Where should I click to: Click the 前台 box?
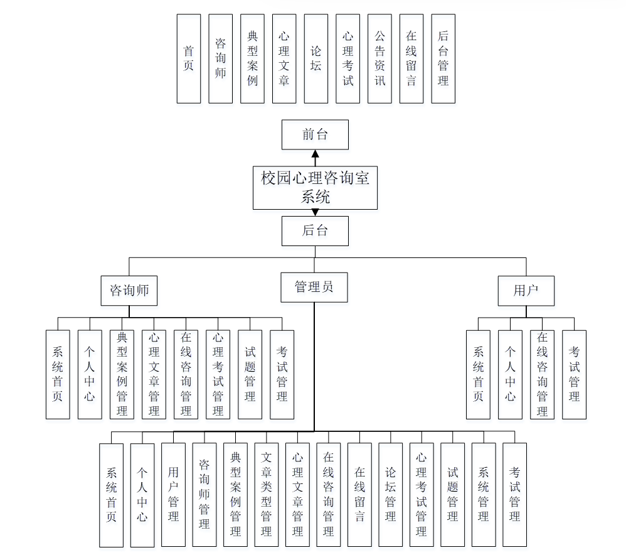(315, 134)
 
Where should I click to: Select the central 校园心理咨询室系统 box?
(315, 187)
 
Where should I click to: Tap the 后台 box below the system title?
(315, 230)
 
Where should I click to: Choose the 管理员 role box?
(314, 288)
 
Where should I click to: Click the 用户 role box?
(526, 291)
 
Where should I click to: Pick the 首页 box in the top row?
(189, 58)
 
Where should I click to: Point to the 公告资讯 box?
(380, 58)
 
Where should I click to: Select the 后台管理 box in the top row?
(443, 58)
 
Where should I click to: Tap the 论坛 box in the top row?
(316, 58)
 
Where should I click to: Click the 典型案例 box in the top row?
(252, 58)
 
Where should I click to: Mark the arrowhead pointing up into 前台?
(315, 154)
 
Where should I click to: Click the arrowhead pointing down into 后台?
(315, 212)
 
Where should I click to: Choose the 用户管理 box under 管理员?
(174, 494)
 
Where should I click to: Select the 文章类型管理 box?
(267, 494)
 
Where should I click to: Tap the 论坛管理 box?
(390, 494)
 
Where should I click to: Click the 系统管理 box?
(484, 494)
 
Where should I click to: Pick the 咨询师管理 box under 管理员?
(204, 494)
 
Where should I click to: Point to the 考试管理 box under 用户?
(574, 374)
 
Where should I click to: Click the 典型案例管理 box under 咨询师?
(122, 374)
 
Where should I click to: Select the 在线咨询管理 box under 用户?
(542, 374)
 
